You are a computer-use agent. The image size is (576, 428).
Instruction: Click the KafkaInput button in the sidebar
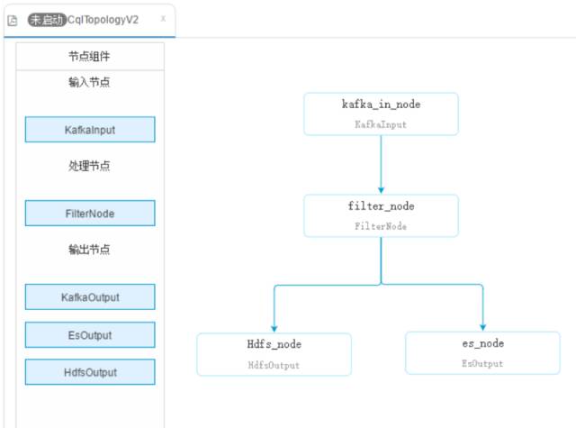(x=90, y=130)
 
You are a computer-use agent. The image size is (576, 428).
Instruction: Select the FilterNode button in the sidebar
(x=90, y=214)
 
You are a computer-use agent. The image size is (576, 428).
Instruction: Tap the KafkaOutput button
(x=90, y=297)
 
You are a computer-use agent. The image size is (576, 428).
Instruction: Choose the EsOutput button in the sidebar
(x=90, y=335)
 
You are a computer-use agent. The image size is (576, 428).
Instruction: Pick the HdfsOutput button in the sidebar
(x=90, y=372)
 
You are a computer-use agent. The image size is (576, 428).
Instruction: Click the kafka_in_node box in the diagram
(x=381, y=114)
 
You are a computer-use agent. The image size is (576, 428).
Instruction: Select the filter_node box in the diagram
(x=381, y=216)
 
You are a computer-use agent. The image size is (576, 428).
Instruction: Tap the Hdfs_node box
(x=274, y=354)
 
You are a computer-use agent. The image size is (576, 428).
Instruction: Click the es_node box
(x=482, y=353)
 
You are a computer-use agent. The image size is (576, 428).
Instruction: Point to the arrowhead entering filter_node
(x=381, y=190)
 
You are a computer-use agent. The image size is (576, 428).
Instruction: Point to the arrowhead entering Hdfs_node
(x=274, y=329)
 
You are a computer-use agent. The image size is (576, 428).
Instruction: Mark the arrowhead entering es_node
(x=482, y=327)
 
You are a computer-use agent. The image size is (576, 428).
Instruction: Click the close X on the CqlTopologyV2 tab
(x=163, y=18)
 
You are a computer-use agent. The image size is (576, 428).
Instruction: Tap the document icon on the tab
(x=13, y=21)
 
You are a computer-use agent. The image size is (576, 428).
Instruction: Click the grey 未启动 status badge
(x=47, y=20)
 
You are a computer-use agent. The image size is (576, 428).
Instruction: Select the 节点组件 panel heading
(x=89, y=56)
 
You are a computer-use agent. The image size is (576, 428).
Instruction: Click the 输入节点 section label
(x=89, y=82)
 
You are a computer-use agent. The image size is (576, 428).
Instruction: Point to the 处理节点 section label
(x=89, y=166)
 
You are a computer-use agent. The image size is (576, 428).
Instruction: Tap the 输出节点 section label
(x=89, y=250)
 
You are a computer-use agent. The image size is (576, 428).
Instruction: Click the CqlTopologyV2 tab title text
(x=103, y=20)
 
